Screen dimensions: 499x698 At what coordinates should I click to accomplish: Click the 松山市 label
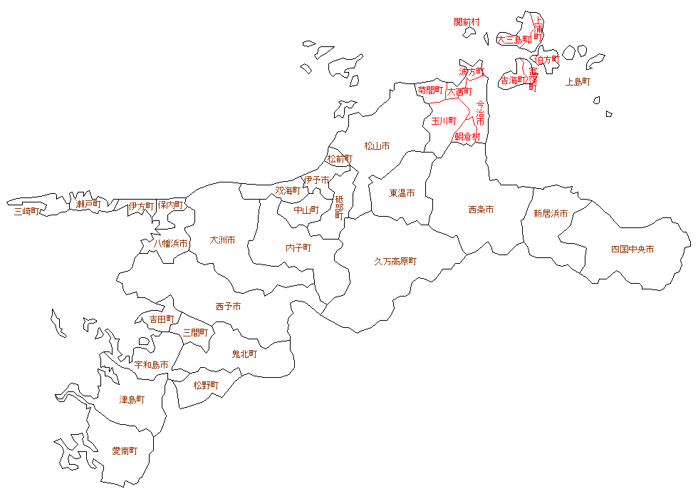click(377, 146)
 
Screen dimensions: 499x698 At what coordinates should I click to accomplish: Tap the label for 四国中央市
click(632, 249)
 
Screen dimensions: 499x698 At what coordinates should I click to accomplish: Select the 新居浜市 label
click(551, 214)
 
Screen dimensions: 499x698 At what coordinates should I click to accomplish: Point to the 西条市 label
click(481, 210)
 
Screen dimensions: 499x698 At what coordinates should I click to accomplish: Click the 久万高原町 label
click(395, 262)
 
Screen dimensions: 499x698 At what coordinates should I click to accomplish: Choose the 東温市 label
click(402, 193)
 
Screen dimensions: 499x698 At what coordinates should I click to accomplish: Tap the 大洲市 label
click(222, 240)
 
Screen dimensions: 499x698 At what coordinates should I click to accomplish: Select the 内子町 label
click(298, 248)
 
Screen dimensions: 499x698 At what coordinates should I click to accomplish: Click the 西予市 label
click(228, 307)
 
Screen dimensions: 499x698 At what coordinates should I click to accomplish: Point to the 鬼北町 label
click(244, 354)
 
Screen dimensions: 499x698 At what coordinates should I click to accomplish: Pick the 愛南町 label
click(125, 451)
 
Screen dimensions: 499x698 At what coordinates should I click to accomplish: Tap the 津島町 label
click(132, 400)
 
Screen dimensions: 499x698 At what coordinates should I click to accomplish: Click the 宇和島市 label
click(152, 365)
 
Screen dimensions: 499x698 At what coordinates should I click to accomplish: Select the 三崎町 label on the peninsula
click(27, 211)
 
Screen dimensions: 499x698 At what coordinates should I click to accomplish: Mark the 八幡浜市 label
click(172, 244)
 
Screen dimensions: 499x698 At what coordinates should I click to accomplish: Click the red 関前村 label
click(467, 22)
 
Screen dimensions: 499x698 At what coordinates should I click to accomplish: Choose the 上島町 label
click(578, 82)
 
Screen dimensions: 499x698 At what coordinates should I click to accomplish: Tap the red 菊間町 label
click(430, 91)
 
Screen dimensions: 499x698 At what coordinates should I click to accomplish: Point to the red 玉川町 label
click(444, 121)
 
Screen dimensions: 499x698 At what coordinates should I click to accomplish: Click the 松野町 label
click(206, 385)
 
